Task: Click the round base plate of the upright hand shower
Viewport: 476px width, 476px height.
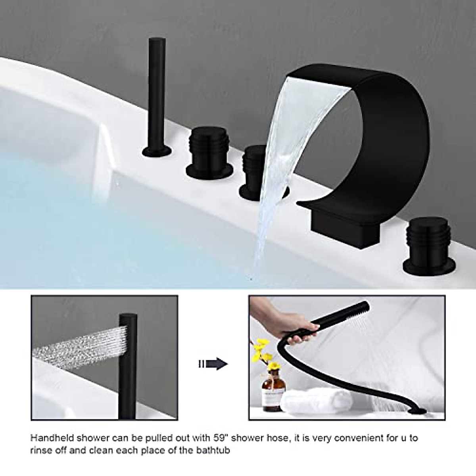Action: coord(157,151)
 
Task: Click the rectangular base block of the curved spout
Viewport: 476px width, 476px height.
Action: coord(344,226)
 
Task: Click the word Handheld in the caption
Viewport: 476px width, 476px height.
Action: coord(49,438)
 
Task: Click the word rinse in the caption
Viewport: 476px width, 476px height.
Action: coord(40,451)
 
